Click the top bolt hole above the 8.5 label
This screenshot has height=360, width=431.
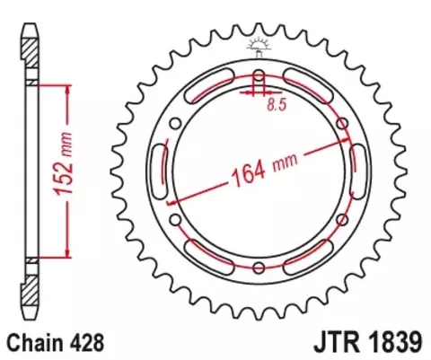(259, 75)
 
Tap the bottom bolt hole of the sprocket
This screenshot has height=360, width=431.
(259, 267)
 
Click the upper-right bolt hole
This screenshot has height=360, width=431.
(342, 123)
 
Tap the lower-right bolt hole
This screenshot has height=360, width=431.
(342, 218)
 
